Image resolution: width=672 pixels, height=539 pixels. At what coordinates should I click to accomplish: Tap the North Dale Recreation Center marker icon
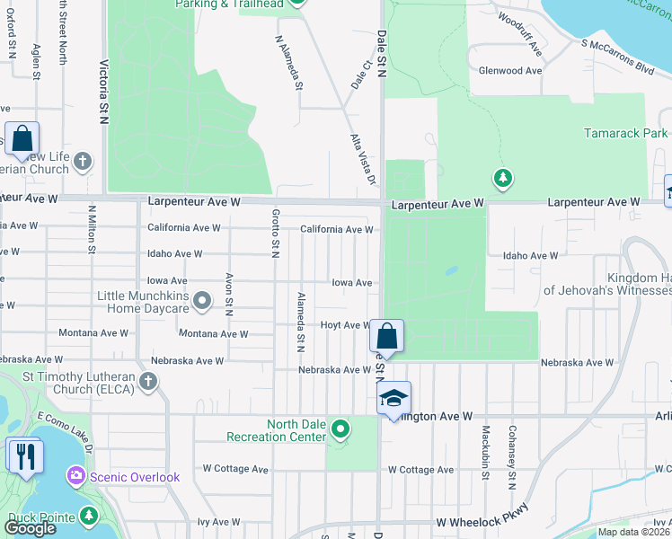pos(340,429)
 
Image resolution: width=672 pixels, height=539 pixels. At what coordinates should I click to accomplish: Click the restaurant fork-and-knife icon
pos(24,455)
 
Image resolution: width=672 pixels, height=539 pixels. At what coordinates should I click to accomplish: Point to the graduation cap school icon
pos(393,398)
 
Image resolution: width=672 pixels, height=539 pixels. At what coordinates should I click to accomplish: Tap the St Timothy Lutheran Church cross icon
pos(148,382)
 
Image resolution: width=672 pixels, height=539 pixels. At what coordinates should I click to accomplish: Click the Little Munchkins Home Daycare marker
pos(203,301)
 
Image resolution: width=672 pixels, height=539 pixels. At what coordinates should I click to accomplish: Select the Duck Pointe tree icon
pos(88,516)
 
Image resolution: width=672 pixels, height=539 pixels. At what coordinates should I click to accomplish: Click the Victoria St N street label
pos(105,86)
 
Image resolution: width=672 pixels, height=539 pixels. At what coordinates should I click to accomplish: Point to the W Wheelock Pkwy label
pos(481,522)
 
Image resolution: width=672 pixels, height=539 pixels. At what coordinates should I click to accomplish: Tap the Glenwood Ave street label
pos(510,70)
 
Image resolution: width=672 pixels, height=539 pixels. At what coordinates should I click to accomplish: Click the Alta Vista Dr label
pos(361,160)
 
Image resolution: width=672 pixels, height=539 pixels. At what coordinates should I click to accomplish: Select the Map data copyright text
pos(634,532)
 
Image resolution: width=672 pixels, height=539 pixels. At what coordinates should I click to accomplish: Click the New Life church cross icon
pos(82,162)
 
